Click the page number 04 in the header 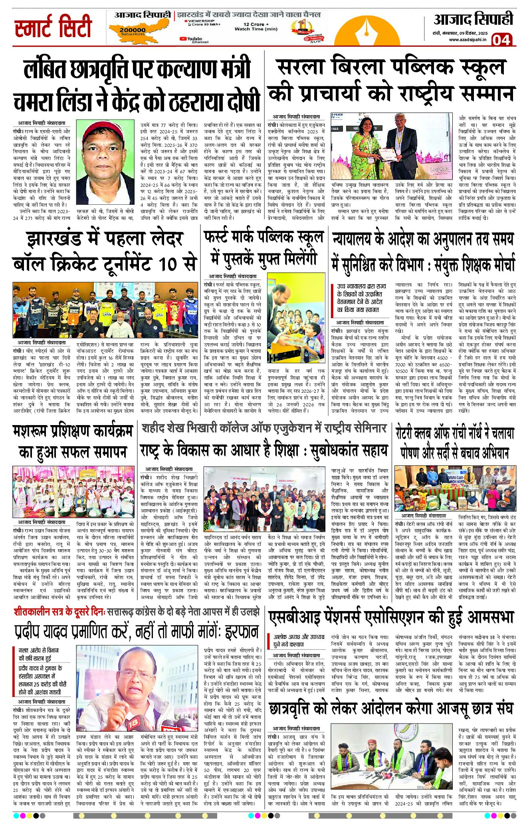(x=501, y=40)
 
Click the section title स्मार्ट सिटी (x=53, y=27)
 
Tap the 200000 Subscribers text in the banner (x=133, y=31)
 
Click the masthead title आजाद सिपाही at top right (x=473, y=19)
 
